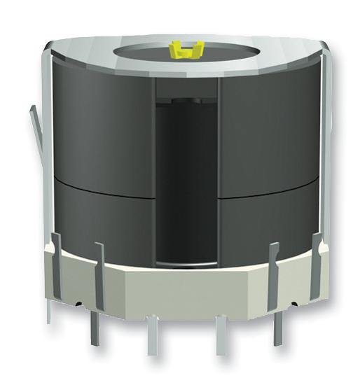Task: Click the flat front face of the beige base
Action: [x=184, y=287]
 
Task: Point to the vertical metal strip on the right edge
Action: [x=323, y=140]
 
